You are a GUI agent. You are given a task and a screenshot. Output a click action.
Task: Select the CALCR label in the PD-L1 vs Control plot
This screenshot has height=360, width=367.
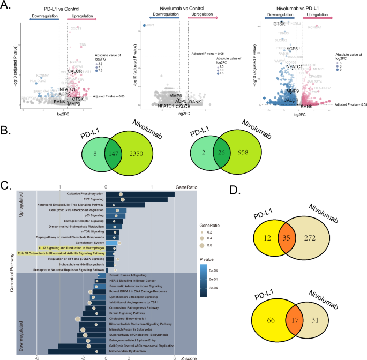click(x=74, y=71)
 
